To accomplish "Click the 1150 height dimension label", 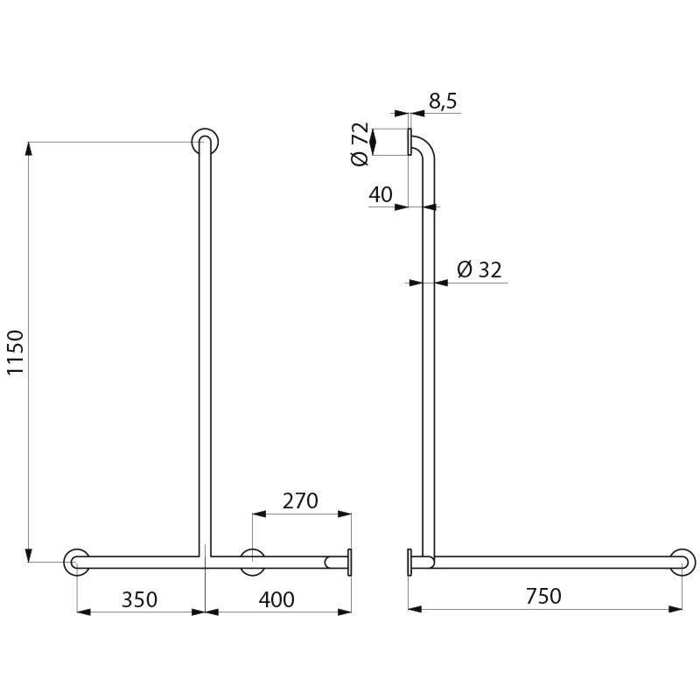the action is [x=16, y=353].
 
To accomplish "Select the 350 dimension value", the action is [x=139, y=599].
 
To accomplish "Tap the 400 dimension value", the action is [x=276, y=599].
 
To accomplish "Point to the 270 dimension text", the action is [x=300, y=500].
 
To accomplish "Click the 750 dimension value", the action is [x=543, y=596].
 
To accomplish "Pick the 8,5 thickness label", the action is [x=443, y=101].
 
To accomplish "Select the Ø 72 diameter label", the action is [x=360, y=143].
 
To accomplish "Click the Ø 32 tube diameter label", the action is [x=479, y=269].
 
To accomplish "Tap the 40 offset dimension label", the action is [x=381, y=194].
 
